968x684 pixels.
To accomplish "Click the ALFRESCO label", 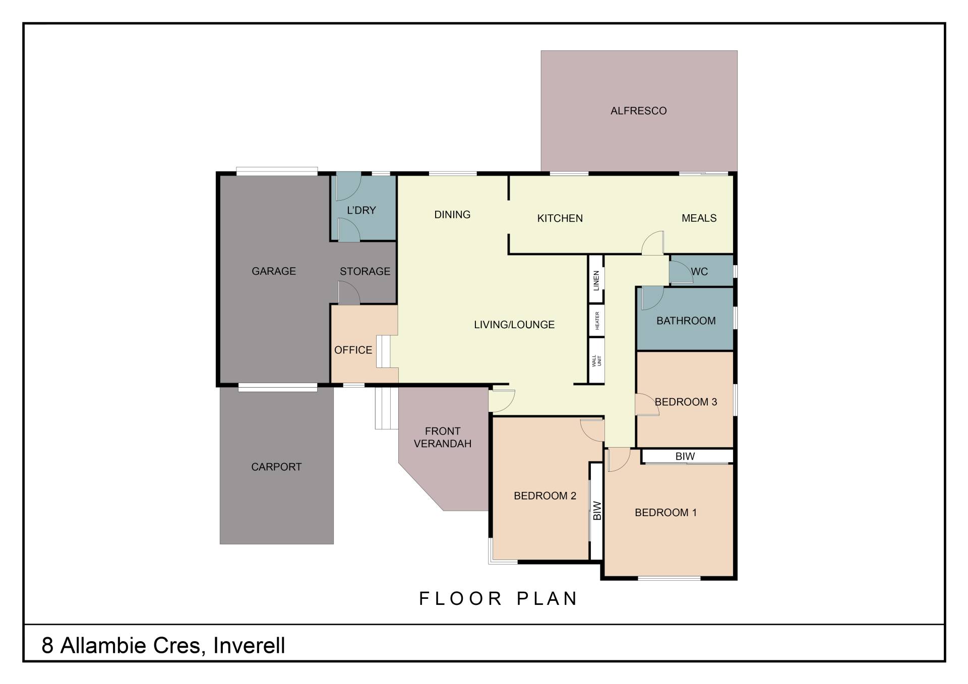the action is [x=638, y=111].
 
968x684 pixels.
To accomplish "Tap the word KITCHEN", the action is [x=560, y=218].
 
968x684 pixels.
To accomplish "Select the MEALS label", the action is [x=699, y=218].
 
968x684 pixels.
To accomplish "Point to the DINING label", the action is [x=452, y=215].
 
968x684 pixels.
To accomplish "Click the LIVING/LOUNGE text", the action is [x=514, y=325].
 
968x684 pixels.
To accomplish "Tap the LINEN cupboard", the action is [x=596, y=280].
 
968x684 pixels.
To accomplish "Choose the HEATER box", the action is [x=596, y=321].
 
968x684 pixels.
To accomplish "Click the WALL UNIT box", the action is [x=596, y=360].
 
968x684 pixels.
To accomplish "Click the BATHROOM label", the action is [x=686, y=321].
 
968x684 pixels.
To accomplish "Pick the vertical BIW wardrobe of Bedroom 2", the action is [x=596, y=511].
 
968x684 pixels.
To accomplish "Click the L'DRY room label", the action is [x=361, y=210].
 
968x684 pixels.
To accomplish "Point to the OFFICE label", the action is [x=353, y=350].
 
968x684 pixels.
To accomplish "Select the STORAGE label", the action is [x=365, y=271].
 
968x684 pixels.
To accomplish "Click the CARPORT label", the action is [x=276, y=467].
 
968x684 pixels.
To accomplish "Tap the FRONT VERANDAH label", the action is [x=442, y=437].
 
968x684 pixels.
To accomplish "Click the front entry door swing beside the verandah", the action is [x=502, y=401].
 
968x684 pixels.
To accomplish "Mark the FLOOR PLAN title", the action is [x=498, y=598].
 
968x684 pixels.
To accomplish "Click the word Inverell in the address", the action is [x=249, y=645].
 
